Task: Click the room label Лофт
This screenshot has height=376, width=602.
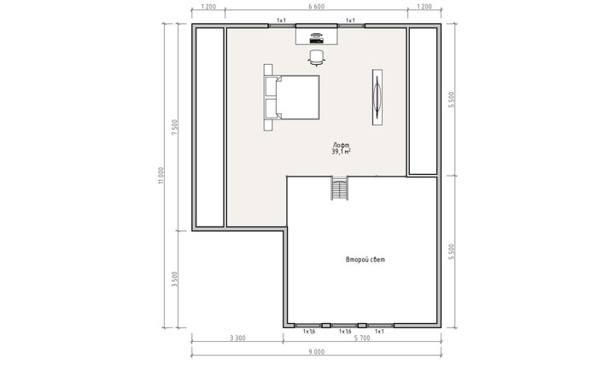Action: pos(341,145)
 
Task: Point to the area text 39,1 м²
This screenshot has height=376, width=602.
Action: pos(341,152)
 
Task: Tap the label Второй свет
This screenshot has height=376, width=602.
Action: pos(365,259)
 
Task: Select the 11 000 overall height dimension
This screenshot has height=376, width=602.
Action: pos(161,176)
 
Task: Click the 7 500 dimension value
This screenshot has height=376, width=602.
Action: pos(175,127)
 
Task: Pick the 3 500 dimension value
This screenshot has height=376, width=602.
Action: pos(175,279)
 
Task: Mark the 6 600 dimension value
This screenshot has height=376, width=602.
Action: pos(317,7)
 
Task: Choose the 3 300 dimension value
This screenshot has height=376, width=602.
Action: pos(237,338)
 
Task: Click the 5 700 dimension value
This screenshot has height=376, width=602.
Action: pos(362,338)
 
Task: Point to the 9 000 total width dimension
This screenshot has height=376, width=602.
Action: pos(316,352)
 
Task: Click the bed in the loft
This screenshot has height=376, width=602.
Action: pos(297,97)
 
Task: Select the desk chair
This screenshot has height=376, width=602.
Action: pos(317,57)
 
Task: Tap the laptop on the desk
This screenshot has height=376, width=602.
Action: pos(316,38)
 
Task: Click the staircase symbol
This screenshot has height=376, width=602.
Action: pos(340,188)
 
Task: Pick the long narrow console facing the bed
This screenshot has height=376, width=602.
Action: pos(377,97)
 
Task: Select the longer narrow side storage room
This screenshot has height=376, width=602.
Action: pos(209,127)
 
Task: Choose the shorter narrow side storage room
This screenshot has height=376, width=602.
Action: pos(423,101)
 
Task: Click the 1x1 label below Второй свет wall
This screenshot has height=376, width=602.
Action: pos(379,332)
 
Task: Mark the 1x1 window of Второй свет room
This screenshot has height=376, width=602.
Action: pos(381,326)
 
